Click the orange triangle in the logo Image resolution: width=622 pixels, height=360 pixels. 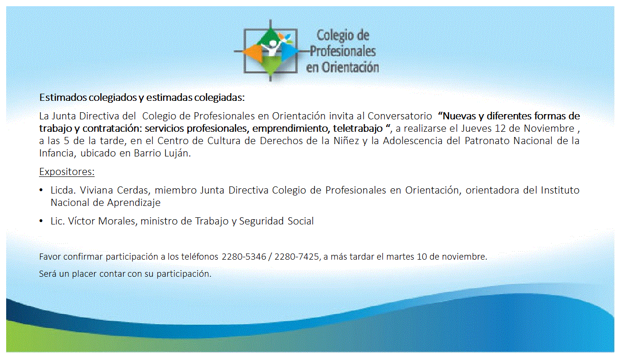pos(253,53)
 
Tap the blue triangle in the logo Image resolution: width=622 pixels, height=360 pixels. pos(289,52)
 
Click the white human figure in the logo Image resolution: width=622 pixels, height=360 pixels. pos(271,49)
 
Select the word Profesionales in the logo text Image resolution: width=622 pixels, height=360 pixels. pos(343,51)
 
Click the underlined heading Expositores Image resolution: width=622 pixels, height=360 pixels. pos(67,172)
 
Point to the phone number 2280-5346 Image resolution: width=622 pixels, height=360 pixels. pos(244,256)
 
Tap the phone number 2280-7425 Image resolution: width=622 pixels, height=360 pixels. pos(297,256)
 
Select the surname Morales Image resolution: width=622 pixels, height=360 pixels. pos(117,221)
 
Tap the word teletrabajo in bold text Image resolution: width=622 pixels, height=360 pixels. pos(358,128)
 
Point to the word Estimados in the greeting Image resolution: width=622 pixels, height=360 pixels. pos(63,97)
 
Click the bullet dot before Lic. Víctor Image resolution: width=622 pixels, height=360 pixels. pos(41,221)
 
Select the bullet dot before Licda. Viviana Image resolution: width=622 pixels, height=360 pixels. pos(41,190)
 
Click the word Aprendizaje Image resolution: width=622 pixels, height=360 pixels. pos(134,203)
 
